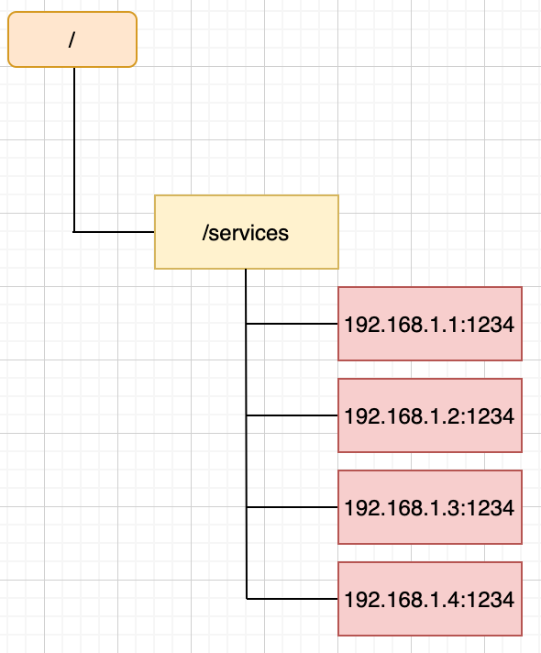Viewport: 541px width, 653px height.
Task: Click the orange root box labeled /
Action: click(72, 39)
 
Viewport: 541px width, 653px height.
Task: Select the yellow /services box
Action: click(247, 232)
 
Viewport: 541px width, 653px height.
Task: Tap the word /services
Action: click(246, 233)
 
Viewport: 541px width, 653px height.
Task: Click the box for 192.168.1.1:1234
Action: click(430, 324)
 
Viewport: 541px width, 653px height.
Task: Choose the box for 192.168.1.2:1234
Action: click(430, 415)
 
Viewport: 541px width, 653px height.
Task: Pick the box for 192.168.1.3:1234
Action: click(430, 507)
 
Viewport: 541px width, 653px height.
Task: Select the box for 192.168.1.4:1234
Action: click(430, 599)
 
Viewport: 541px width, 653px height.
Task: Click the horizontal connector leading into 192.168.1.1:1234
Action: click(292, 324)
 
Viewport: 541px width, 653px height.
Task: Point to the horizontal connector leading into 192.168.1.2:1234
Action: click(292, 415)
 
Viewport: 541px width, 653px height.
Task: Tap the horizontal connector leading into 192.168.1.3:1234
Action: click(292, 507)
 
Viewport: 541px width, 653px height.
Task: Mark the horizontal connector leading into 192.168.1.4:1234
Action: click(292, 599)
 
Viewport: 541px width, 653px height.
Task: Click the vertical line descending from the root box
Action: click(74, 149)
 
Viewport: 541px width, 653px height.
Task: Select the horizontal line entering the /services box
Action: click(114, 231)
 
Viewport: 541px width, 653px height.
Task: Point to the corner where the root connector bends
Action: click(74, 231)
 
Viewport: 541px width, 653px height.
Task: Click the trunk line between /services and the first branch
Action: click(246, 296)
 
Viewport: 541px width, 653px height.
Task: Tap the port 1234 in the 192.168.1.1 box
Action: click(491, 325)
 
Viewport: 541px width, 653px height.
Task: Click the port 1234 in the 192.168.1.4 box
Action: click(491, 600)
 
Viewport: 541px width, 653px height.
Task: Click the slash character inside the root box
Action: click(72, 40)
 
